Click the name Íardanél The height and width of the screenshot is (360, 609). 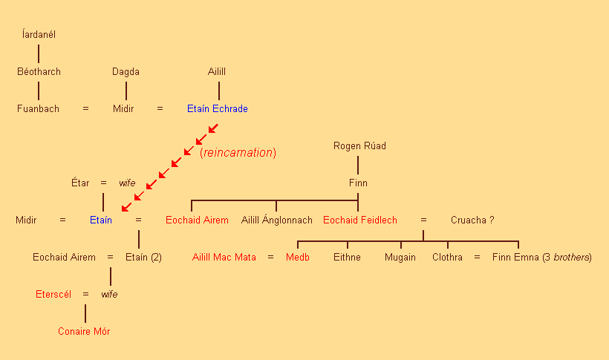tap(39, 34)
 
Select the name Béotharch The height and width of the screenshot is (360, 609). tap(39, 72)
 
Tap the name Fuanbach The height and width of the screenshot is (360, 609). tap(39, 109)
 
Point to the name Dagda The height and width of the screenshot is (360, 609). tap(126, 72)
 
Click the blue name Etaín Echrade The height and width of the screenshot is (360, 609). tap(217, 109)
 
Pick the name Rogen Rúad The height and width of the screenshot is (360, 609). tap(359, 146)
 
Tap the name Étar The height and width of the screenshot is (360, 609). tap(79, 183)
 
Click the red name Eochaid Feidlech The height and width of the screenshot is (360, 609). tap(359, 220)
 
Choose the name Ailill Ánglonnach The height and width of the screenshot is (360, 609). tap(276, 220)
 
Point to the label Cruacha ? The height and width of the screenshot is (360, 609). tap(472, 220)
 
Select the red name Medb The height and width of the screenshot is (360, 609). tap(297, 258)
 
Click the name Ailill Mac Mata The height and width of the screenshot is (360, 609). tap(224, 258)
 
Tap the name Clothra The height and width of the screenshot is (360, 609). tap(447, 258)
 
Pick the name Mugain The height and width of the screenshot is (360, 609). tap(400, 258)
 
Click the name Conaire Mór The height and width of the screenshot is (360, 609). tap(84, 332)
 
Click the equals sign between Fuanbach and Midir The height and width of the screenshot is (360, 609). tap(85, 109)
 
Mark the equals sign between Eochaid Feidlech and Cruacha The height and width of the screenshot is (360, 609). tap(423, 220)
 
